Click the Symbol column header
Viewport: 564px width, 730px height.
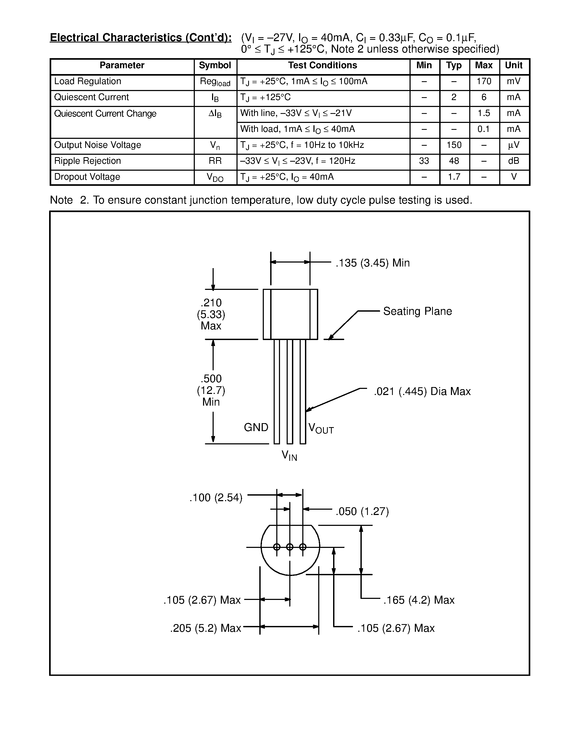215,66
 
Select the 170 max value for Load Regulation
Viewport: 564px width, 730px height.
484,81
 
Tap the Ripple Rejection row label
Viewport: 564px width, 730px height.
88,161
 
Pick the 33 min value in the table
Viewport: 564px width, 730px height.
424,161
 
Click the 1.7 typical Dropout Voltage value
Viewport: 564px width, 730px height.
454,177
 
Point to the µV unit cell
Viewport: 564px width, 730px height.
514,145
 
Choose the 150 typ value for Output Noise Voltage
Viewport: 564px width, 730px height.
454,145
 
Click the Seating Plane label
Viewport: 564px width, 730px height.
417,311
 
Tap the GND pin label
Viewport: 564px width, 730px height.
256,427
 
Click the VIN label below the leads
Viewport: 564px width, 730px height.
289,456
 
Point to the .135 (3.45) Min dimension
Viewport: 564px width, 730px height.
373,263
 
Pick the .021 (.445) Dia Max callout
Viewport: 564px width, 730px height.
422,391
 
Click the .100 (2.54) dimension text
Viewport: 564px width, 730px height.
216,498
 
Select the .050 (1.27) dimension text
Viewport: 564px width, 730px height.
362,512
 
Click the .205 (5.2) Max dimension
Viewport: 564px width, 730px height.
205,628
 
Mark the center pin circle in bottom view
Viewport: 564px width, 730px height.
290,547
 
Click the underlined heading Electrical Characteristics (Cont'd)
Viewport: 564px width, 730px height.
141,38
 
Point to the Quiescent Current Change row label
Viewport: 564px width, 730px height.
105,114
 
